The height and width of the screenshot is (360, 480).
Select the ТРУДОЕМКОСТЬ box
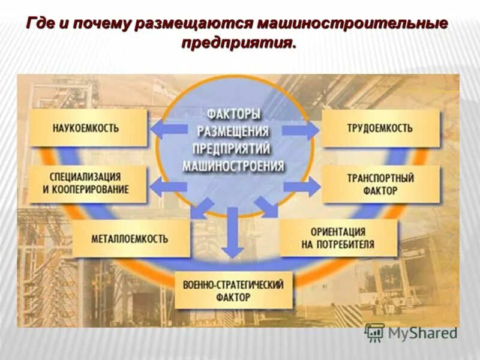point(379,128)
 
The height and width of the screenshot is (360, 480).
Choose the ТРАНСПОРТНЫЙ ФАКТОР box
point(380,184)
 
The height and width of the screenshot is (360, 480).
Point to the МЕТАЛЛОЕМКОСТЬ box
point(130,239)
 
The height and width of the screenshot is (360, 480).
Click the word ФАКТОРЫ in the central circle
point(234,113)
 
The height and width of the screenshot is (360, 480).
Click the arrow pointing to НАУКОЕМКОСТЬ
point(166,128)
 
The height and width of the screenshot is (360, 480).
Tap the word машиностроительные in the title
point(352,24)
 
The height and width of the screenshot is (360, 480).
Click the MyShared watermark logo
point(412,332)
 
